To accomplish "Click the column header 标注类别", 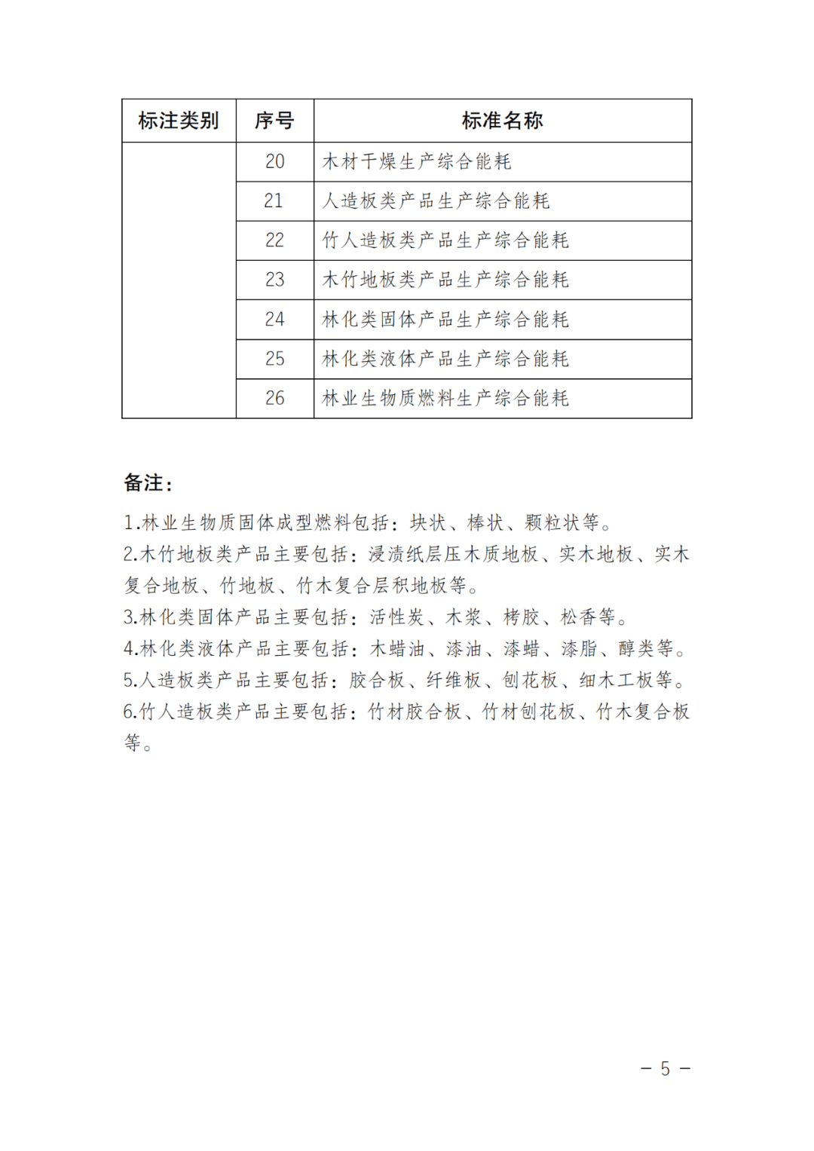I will [x=179, y=121].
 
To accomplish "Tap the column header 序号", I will [x=274, y=121].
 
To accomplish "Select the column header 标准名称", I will [x=502, y=121].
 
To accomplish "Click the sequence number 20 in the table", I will [x=274, y=161].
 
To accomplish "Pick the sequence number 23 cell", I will [x=274, y=280].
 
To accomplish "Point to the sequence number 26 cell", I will [x=274, y=398].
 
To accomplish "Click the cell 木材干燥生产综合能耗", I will [x=417, y=161].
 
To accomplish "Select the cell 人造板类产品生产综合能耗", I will [x=436, y=201].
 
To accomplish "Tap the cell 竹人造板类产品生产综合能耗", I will [x=445, y=240].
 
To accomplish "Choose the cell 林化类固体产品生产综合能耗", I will [x=445, y=320].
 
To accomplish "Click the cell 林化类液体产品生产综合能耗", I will [x=445, y=359].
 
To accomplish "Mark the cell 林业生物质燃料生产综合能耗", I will [x=445, y=398].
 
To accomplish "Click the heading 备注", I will [x=148, y=483].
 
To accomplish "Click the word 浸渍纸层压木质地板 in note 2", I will [x=453, y=554].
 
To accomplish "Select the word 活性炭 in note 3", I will [x=397, y=617].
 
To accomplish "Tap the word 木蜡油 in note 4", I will [x=397, y=649].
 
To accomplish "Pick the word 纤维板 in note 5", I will [x=454, y=680].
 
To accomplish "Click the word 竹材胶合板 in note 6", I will [x=415, y=712].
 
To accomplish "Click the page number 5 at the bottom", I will [x=665, y=1069].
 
